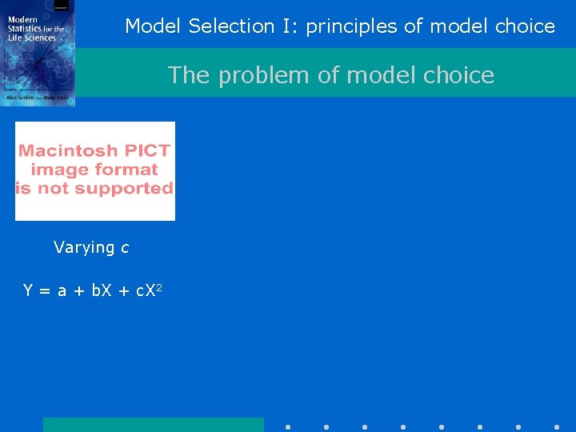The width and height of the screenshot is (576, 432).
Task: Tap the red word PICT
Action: click(152, 150)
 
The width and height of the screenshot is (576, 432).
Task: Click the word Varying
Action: click(84, 248)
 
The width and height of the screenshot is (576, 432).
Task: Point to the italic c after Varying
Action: click(125, 248)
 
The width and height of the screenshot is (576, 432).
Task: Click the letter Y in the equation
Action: click(28, 290)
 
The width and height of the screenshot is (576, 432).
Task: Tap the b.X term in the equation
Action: click(102, 290)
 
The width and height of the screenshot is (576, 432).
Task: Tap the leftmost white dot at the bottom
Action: click(288, 427)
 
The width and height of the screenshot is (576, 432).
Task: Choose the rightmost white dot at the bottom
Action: click(557, 427)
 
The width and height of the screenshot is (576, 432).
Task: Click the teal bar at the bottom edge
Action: click(153, 425)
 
